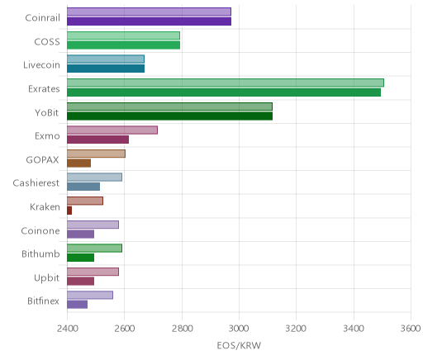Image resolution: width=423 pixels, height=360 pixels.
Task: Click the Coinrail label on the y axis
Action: click(x=42, y=18)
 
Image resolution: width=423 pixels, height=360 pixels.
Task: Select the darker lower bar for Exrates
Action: click(x=224, y=92)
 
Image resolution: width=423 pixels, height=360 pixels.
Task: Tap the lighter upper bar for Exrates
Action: click(x=226, y=83)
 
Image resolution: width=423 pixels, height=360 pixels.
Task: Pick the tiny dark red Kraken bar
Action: click(x=69, y=211)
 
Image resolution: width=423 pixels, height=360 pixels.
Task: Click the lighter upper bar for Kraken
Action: click(x=85, y=201)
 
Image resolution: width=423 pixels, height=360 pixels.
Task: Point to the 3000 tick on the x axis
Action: click(x=239, y=329)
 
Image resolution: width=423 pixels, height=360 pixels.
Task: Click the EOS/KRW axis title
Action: click(x=239, y=345)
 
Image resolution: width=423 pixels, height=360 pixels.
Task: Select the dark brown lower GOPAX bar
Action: click(x=78, y=163)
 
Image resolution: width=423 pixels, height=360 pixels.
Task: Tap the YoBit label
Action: click(x=47, y=112)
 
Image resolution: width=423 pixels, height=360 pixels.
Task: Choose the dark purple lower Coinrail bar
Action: click(x=149, y=21)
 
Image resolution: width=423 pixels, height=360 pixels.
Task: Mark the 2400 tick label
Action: click(x=67, y=329)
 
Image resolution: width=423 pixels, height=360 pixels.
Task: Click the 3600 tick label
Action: click(x=411, y=329)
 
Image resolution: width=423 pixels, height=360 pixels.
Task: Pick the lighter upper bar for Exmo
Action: click(x=112, y=130)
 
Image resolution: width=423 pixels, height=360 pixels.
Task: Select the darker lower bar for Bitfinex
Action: click(x=77, y=305)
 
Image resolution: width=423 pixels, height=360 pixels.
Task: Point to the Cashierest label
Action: click(x=36, y=183)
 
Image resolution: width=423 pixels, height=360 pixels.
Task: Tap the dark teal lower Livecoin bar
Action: click(x=106, y=69)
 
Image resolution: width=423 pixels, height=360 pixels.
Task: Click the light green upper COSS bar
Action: click(x=123, y=36)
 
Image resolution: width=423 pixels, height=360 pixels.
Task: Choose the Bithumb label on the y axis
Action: click(x=40, y=253)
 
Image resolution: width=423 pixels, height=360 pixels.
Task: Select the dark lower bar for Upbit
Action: click(x=80, y=282)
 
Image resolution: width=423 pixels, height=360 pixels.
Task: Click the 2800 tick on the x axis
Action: click(x=182, y=329)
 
